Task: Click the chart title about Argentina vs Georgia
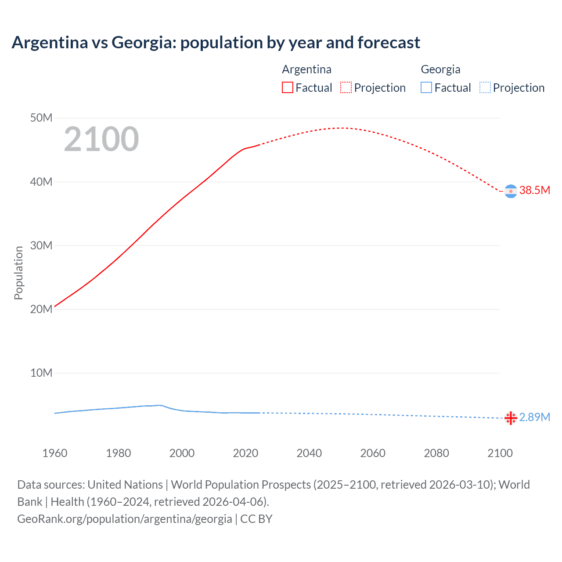point(216,43)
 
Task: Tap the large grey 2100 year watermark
point(101,139)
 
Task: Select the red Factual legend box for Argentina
point(287,88)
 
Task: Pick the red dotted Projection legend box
point(346,88)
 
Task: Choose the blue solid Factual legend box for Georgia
point(426,88)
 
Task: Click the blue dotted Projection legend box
point(485,88)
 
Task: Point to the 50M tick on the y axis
point(41,118)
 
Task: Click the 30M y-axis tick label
point(41,245)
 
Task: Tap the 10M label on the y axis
point(41,373)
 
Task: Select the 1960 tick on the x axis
point(55,453)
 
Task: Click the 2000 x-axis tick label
point(182,453)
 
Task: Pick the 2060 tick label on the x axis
point(373,453)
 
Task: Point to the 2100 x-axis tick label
point(500,453)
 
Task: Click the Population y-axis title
point(18,273)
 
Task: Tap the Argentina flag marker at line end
point(511,191)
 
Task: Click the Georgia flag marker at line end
point(511,418)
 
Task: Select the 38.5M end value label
point(534,190)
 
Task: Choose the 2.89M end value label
point(534,417)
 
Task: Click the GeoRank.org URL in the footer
point(125,519)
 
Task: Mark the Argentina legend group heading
point(306,69)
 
